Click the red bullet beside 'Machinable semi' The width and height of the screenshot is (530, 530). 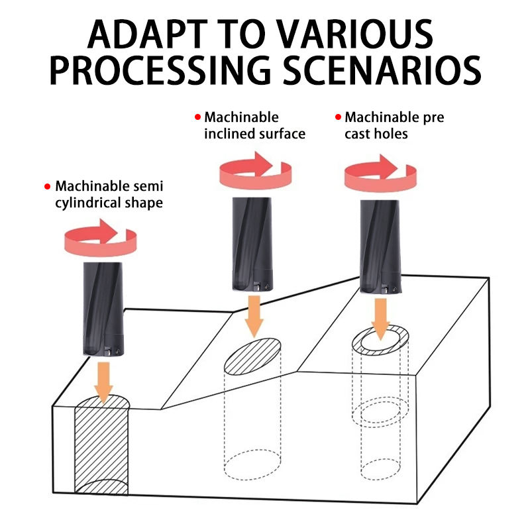coord(47,186)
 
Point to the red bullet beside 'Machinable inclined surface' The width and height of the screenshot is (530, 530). coord(197,117)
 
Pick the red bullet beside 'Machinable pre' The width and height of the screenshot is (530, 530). coord(337,117)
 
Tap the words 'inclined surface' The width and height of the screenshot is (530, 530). coord(255,134)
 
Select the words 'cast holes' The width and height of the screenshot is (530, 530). coord(376,134)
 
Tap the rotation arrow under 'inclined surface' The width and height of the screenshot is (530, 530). coord(255,170)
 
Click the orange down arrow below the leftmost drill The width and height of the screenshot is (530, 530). coord(103,382)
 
